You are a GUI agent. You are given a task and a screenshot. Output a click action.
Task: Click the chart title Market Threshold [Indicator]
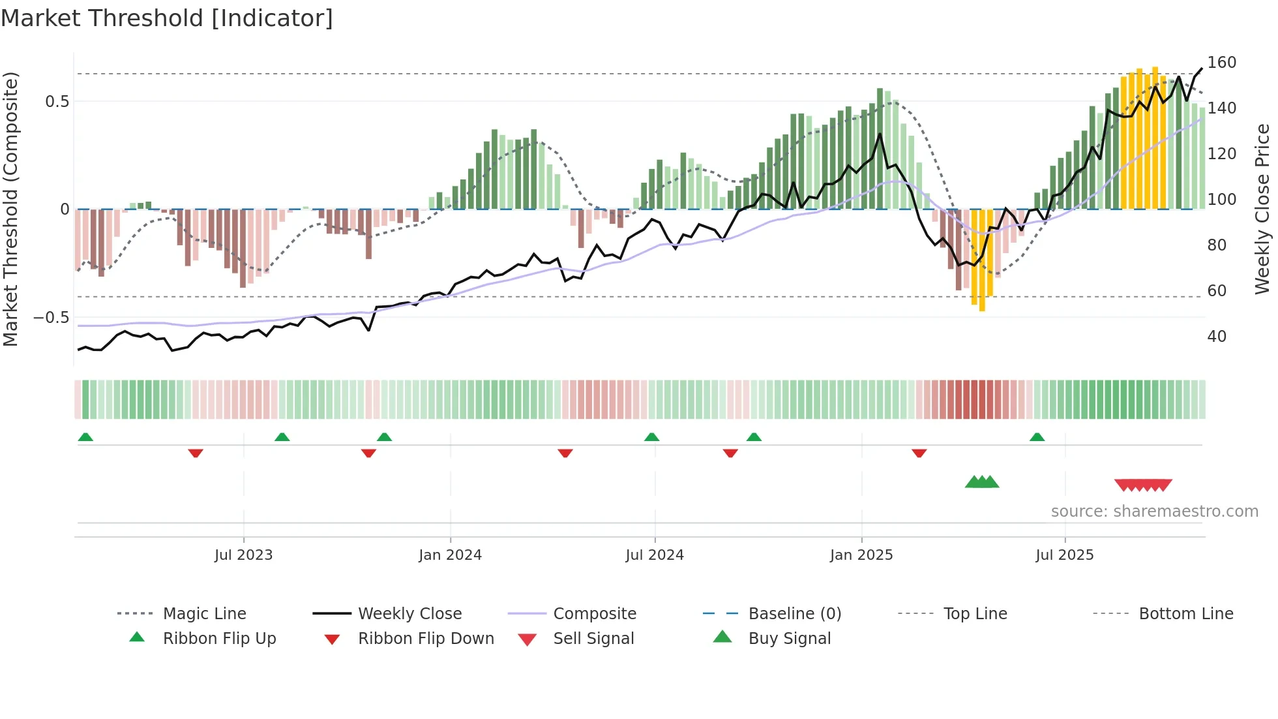(x=167, y=18)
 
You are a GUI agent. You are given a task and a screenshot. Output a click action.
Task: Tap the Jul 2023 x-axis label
(x=243, y=555)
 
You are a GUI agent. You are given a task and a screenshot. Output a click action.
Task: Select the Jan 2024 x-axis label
(x=450, y=555)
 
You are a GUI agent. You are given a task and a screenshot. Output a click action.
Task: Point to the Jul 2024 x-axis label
(x=655, y=555)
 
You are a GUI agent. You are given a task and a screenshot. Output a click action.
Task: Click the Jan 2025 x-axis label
(x=861, y=555)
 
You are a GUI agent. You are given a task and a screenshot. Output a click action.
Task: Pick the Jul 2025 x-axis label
(x=1064, y=555)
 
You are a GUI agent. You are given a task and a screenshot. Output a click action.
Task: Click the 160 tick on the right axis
(x=1221, y=63)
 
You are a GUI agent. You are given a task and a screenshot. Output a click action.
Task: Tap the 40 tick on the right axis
(x=1216, y=337)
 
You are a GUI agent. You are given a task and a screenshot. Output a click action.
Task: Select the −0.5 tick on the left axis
(x=52, y=318)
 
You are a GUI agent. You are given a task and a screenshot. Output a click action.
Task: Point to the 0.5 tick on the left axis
(x=57, y=102)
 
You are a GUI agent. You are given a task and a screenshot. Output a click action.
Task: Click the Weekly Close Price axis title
(x=1262, y=209)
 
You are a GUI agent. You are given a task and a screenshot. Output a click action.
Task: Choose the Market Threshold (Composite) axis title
(x=10, y=209)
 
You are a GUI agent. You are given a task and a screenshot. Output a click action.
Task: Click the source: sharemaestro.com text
(x=1154, y=512)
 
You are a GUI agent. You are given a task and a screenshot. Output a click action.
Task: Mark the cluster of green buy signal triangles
(x=982, y=482)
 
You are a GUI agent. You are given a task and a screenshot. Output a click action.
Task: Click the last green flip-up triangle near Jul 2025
(x=1037, y=437)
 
